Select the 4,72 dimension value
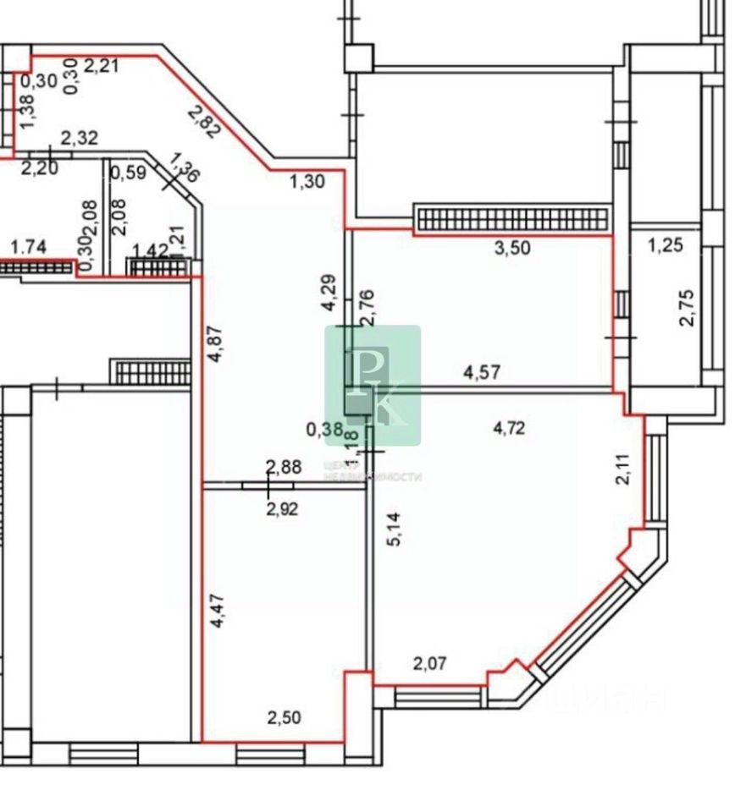click(509, 428)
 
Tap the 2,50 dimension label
click(284, 718)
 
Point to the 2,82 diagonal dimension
click(203, 122)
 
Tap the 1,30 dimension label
click(307, 180)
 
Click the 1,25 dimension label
click(665, 247)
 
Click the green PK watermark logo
click(373, 385)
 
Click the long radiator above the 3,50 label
click(511, 218)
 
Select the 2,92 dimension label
click(283, 508)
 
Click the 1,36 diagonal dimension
click(185, 167)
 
